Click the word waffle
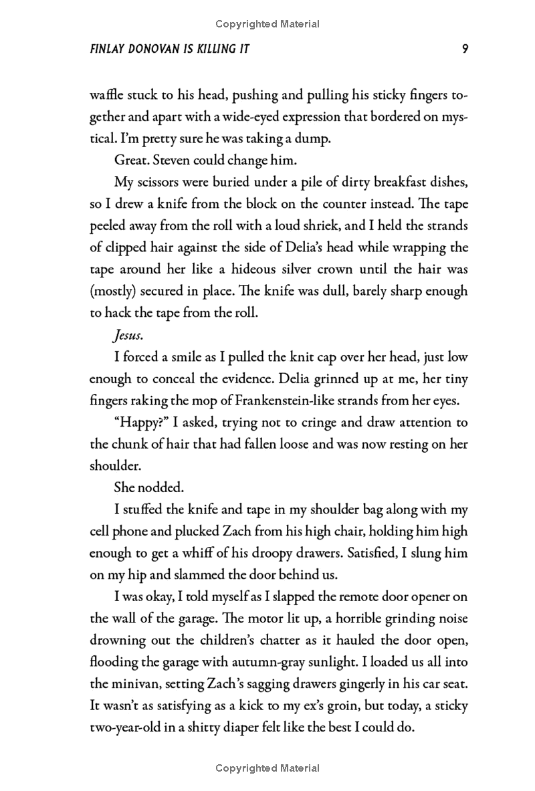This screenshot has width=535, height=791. (107, 95)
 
